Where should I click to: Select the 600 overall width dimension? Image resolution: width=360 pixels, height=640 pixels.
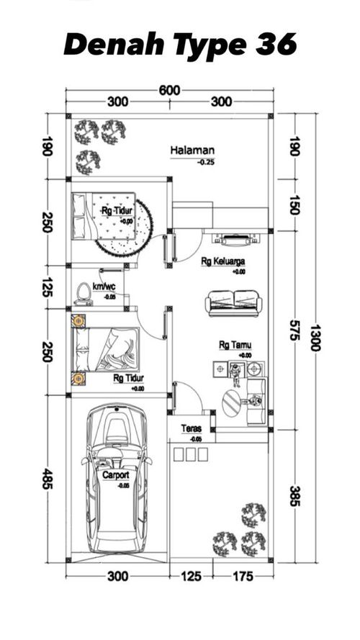169,90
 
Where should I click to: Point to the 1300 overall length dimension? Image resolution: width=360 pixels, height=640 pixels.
315,338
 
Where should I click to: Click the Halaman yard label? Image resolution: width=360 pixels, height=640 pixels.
192,150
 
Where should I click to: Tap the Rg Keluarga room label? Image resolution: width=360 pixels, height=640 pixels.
223,261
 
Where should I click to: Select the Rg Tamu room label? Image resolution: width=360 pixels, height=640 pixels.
235,346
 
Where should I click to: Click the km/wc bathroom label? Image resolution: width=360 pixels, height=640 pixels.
104,287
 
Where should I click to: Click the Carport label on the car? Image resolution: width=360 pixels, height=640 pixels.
115,475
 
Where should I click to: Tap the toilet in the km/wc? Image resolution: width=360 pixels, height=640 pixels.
84,293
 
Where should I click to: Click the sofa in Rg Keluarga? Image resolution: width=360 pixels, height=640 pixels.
233,303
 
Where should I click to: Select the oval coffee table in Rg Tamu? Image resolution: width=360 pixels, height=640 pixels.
232,403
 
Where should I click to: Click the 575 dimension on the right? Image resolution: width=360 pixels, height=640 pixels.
294,330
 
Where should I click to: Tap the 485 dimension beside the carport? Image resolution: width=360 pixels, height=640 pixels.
48,479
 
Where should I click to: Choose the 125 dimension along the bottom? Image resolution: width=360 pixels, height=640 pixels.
191,577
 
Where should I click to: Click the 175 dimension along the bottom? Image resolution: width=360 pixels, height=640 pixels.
243,577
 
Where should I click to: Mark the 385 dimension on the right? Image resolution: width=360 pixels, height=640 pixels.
294,495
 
